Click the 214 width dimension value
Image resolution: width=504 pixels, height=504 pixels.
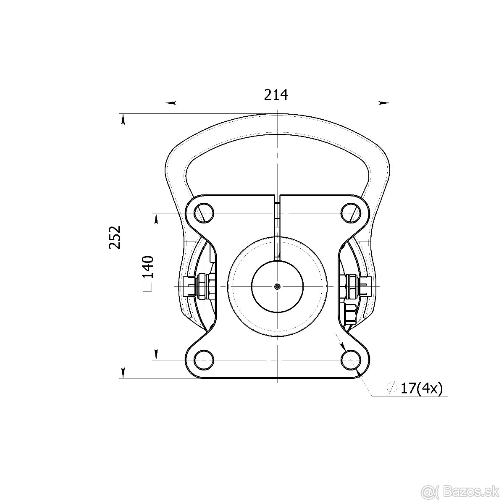(x=276, y=95)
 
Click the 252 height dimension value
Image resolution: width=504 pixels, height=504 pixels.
(x=115, y=237)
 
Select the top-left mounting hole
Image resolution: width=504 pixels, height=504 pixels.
(x=204, y=213)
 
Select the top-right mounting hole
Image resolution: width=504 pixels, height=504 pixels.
(x=351, y=213)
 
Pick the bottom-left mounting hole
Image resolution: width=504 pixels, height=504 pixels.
(x=204, y=360)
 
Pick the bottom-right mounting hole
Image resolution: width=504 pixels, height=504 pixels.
(x=351, y=360)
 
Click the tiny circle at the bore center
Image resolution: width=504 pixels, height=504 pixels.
(x=277, y=287)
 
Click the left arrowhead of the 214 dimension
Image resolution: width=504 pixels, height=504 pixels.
(x=171, y=103)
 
